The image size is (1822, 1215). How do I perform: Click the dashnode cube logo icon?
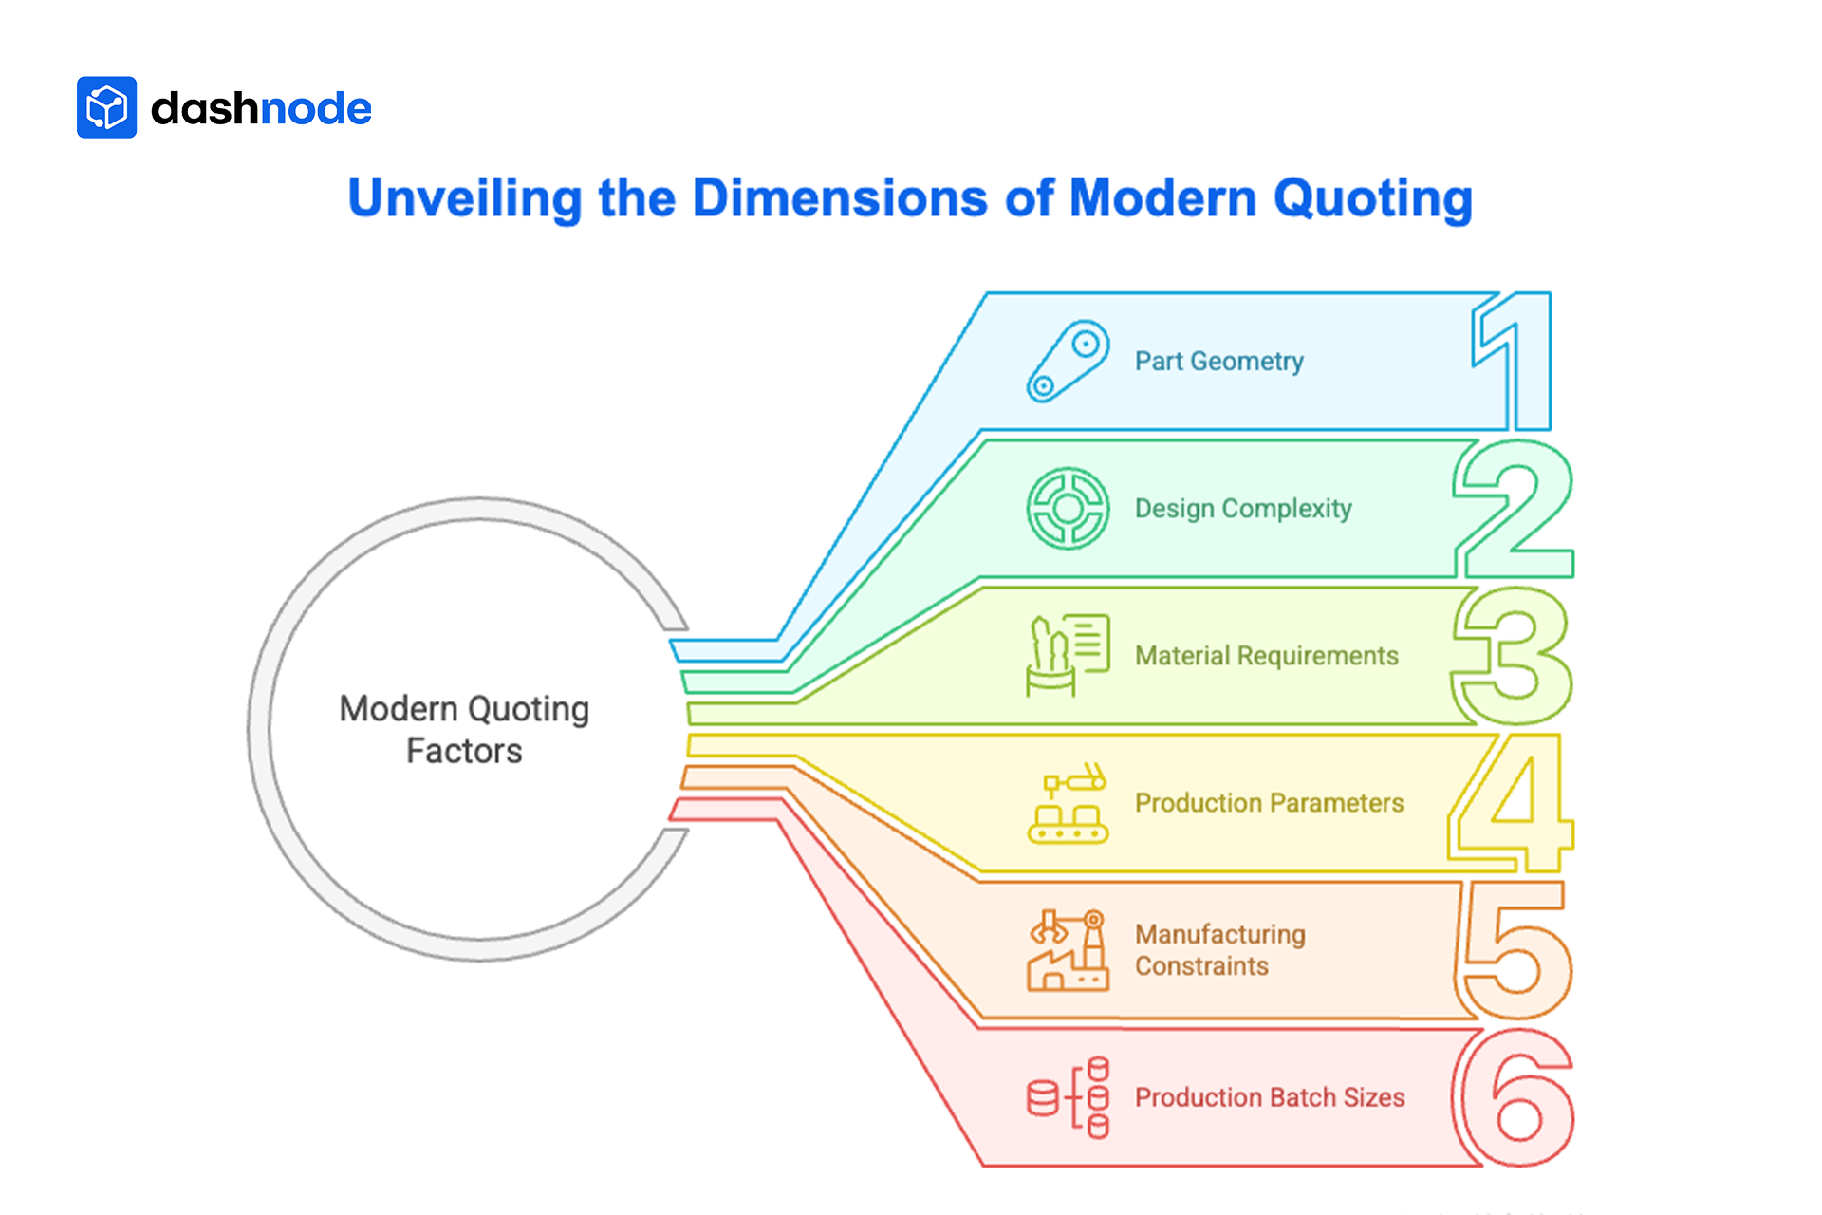pyautogui.click(x=106, y=107)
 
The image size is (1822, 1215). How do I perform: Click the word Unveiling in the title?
pyautogui.click(x=464, y=198)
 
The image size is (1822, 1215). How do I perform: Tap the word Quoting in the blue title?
pyautogui.click(x=1372, y=198)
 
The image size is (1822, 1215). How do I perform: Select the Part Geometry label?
pyautogui.click(x=1218, y=362)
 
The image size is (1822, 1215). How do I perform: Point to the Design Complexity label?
pyautogui.click(x=1242, y=509)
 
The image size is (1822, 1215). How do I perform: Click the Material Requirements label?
pyautogui.click(x=1266, y=656)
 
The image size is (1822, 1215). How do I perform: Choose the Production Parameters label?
pyautogui.click(x=1269, y=803)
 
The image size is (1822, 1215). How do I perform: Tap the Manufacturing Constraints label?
pyautogui.click(x=1219, y=950)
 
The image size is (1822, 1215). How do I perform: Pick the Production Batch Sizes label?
pyautogui.click(x=1269, y=1097)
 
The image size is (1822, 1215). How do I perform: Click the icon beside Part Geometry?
pyautogui.click(x=1068, y=362)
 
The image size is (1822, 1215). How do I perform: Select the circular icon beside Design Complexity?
pyautogui.click(x=1068, y=509)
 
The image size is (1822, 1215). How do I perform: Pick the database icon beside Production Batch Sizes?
pyautogui.click(x=1069, y=1097)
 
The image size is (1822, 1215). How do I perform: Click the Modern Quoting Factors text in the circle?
pyautogui.click(x=464, y=730)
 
